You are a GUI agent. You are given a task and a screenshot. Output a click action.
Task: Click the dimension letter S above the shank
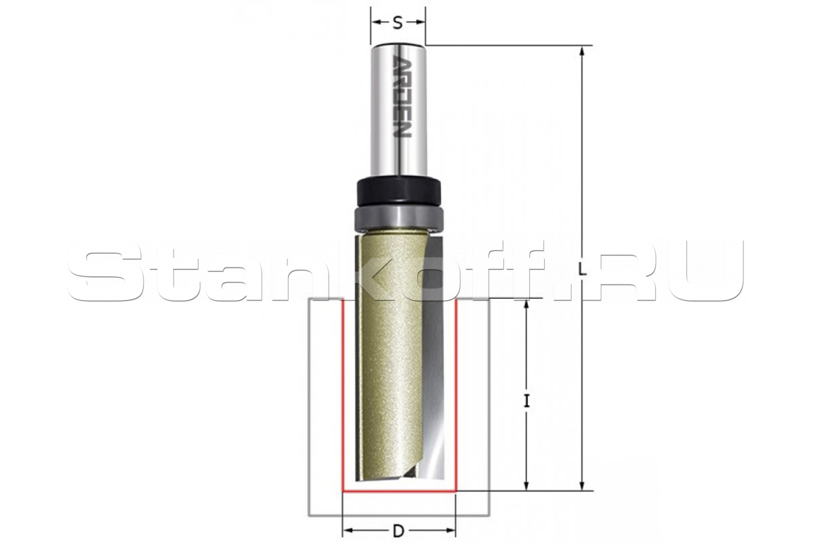[x=398, y=23]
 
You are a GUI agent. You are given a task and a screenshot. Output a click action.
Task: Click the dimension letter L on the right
[x=583, y=270]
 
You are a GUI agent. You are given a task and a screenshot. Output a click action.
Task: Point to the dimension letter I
[x=527, y=402]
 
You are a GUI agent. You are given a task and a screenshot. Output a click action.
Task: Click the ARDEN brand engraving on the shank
[x=402, y=97]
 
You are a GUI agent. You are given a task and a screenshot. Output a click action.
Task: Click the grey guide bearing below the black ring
[x=398, y=219]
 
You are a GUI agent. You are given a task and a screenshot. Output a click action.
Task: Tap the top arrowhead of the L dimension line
[x=582, y=51]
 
